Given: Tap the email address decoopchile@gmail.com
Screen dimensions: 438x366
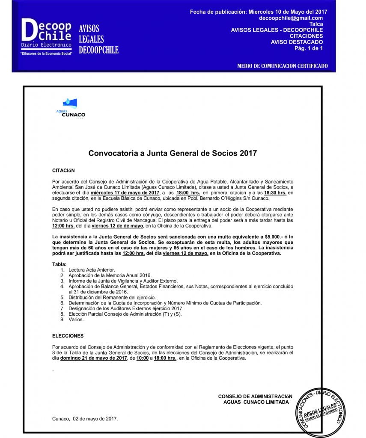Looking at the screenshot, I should coord(291,18).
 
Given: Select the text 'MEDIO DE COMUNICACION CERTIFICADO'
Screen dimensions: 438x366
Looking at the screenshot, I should coord(282,66).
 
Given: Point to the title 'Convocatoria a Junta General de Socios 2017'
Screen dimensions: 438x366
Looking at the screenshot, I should coord(173,153).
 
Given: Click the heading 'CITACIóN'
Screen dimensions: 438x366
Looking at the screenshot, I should coord(63,170).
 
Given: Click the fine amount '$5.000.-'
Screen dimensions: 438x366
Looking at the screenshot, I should coord(274,237).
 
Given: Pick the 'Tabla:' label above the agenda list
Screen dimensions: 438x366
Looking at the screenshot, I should coord(59,264).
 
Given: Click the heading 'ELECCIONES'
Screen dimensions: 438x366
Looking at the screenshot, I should coord(68,336).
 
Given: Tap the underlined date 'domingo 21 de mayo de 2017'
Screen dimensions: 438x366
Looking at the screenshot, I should coord(94,358).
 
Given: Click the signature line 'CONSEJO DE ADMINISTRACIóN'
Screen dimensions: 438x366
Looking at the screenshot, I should coord(255,397).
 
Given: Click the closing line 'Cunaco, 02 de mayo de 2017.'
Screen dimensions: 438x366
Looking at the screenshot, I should coord(85,418).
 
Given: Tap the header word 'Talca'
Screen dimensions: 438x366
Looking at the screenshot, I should coord(316,24).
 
